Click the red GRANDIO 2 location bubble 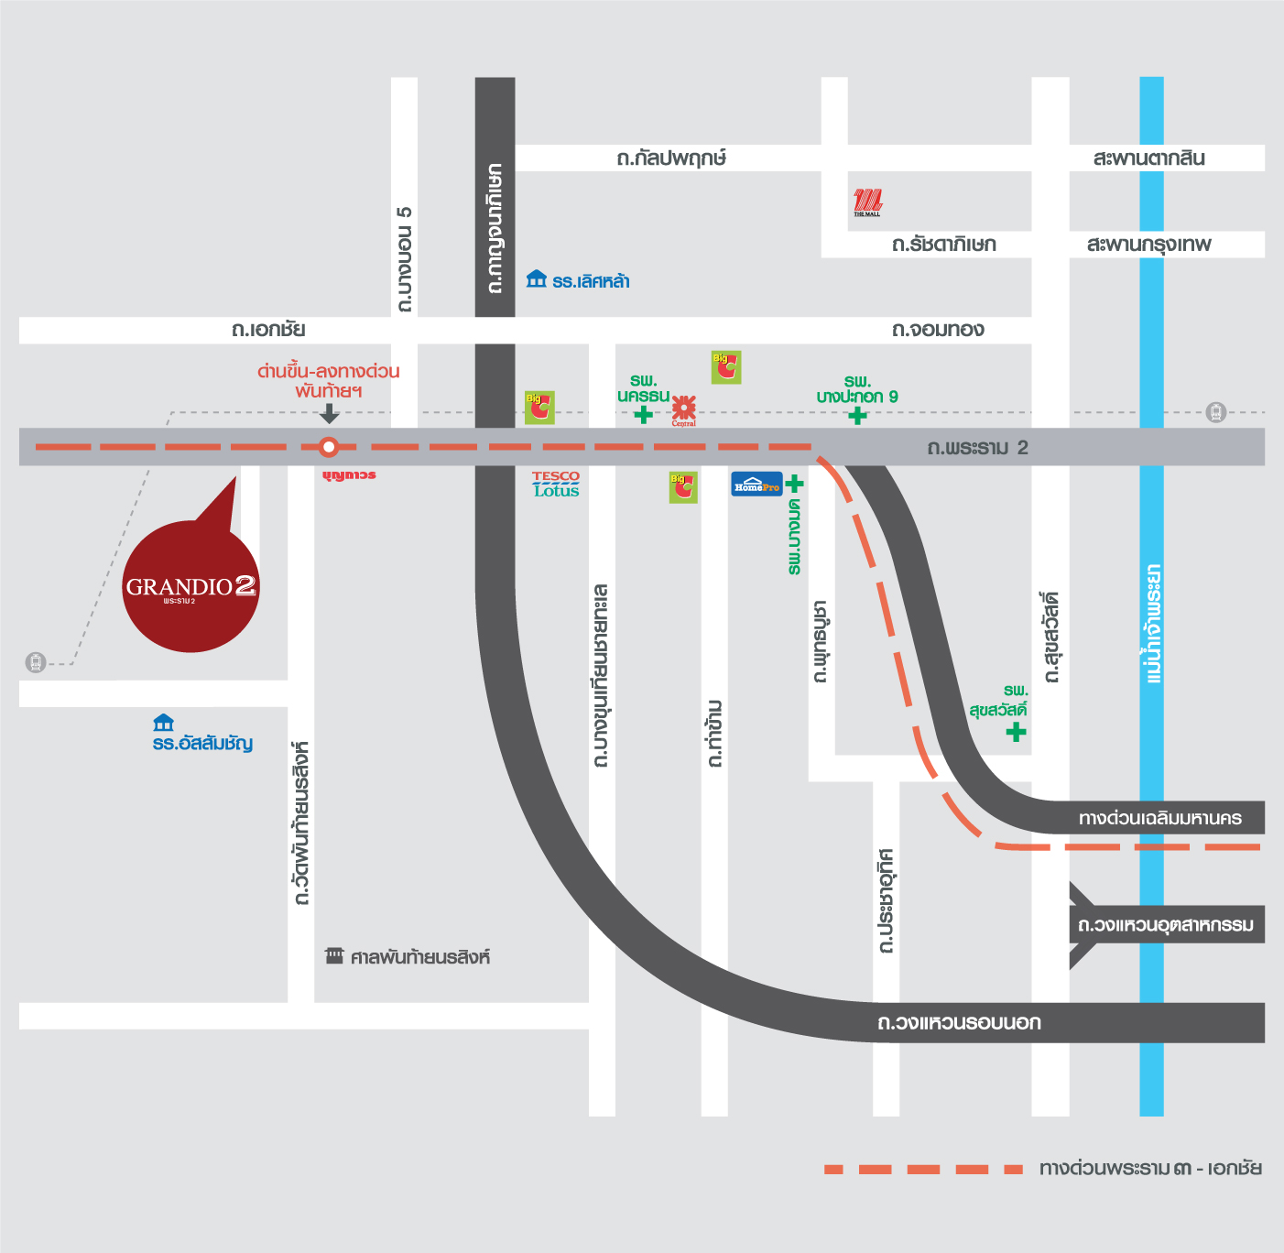[x=190, y=586]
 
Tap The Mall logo [x=867, y=202]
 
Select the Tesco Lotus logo [x=556, y=484]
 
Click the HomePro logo [x=756, y=484]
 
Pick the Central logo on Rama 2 [x=684, y=409]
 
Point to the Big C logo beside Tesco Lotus [x=539, y=407]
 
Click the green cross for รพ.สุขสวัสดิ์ [x=1016, y=732]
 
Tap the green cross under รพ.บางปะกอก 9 [x=857, y=416]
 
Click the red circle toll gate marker [x=329, y=447]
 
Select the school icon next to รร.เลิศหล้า [x=536, y=279]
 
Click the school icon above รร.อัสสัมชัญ [x=163, y=723]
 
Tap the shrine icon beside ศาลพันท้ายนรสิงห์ [x=334, y=956]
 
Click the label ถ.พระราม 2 [x=977, y=448]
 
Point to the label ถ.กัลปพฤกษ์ [x=671, y=158]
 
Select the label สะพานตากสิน [x=1148, y=158]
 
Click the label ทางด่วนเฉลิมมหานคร [x=1159, y=818]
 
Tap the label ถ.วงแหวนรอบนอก [x=959, y=1022]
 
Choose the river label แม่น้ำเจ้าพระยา [x=1152, y=623]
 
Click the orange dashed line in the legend [x=923, y=1169]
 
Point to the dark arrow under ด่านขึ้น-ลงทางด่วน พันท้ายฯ [x=329, y=414]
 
